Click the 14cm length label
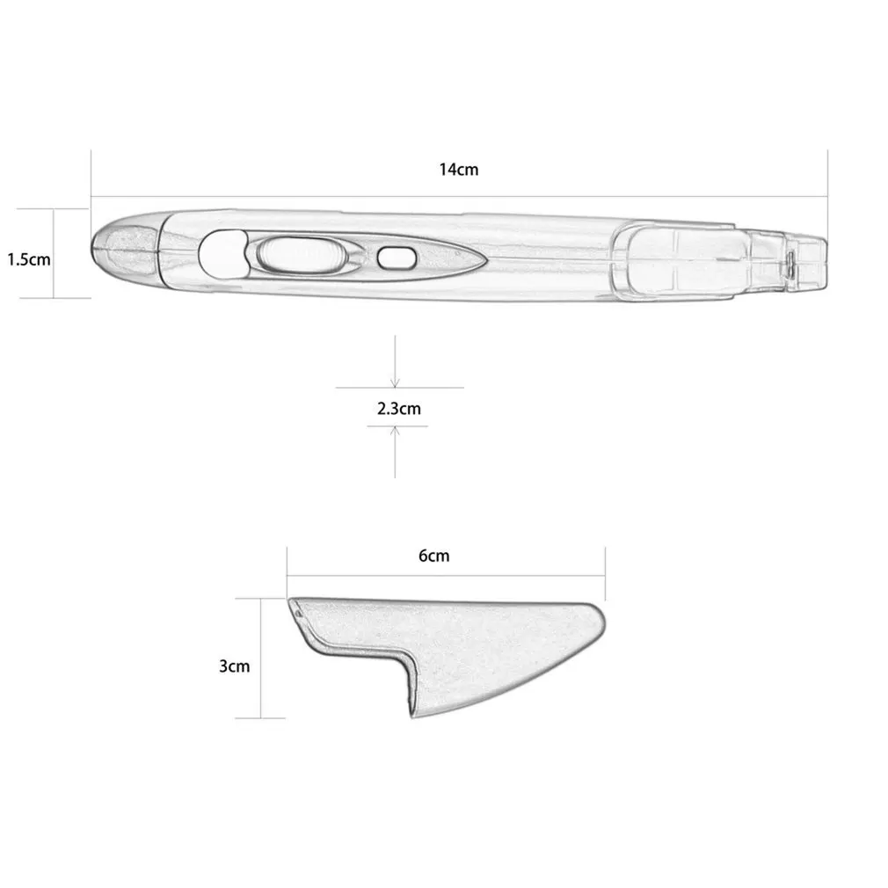coord(459,170)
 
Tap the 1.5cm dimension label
coord(29,259)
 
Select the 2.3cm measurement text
coord(398,408)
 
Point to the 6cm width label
coord(433,556)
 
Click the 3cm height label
coord(234,666)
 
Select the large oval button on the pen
coord(299,255)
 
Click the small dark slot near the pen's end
coord(790,263)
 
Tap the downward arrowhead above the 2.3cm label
coord(396,382)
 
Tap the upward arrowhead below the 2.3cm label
coord(396,431)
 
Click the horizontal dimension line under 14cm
coord(459,197)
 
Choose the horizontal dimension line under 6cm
coord(445,576)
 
